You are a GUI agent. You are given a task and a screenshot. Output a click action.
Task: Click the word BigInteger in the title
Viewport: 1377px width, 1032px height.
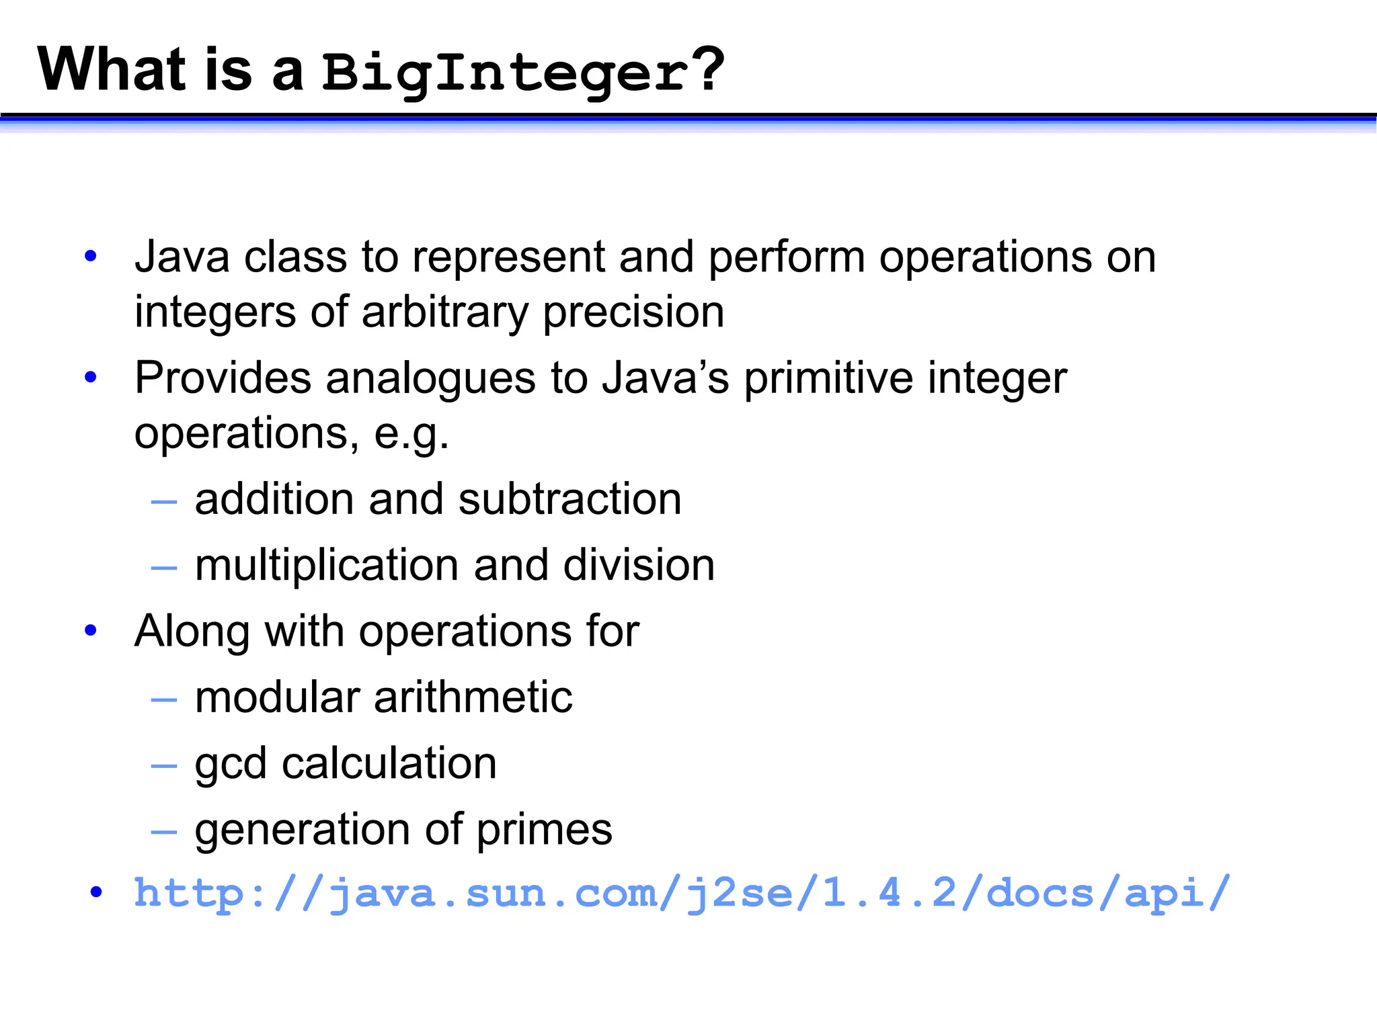(504, 72)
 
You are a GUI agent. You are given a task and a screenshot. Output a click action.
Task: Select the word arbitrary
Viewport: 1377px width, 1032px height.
(445, 312)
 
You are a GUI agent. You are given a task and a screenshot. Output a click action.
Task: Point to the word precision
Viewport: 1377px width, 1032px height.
(633, 314)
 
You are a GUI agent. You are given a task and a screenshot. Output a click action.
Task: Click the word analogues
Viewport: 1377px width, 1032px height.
(430, 378)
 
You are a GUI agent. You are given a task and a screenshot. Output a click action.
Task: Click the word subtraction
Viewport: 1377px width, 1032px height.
(569, 499)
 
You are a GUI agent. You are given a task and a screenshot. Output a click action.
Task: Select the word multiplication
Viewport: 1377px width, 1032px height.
(327, 565)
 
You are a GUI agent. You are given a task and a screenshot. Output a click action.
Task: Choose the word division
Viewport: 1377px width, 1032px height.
(639, 565)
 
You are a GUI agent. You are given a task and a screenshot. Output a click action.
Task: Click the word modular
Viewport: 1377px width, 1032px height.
(277, 697)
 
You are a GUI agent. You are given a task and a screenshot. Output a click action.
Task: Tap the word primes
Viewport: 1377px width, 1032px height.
(545, 830)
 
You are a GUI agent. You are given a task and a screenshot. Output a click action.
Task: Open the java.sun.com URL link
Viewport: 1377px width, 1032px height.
(682, 894)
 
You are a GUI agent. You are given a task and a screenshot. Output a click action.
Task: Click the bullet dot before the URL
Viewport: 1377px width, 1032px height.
(97, 892)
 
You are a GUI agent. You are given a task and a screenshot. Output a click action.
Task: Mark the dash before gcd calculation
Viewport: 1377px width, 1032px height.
(164, 765)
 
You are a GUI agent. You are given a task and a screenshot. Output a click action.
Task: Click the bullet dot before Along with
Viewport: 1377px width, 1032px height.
(91, 630)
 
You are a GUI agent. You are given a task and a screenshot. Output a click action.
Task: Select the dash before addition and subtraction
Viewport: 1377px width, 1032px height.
(164, 501)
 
